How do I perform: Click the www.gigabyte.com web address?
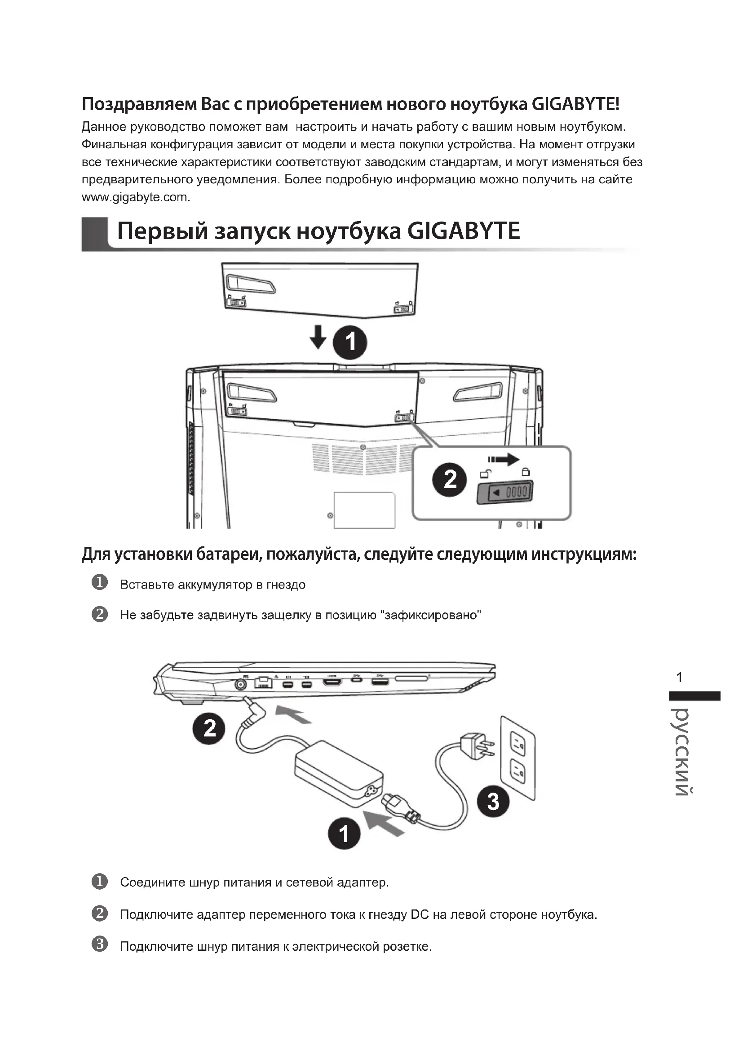(x=135, y=197)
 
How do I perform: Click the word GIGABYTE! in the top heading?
(x=575, y=104)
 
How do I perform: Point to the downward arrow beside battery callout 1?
(x=318, y=337)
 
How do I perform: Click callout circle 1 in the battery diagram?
(x=350, y=342)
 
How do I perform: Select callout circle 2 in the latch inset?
(x=450, y=479)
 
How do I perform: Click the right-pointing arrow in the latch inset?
(x=504, y=459)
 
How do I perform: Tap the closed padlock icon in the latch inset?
(x=526, y=471)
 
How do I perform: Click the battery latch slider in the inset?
(x=505, y=492)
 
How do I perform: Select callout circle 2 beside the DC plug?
(x=209, y=728)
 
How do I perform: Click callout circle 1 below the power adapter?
(x=344, y=833)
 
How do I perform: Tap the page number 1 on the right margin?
(x=679, y=678)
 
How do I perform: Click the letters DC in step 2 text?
(x=420, y=914)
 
